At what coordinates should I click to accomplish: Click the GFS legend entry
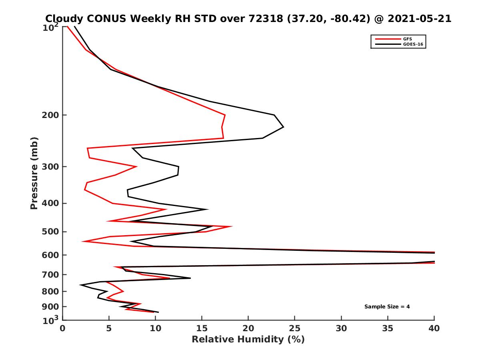(x=408, y=39)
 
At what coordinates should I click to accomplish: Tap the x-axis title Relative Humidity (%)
(x=248, y=340)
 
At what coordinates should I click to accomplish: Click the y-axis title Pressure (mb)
(x=34, y=173)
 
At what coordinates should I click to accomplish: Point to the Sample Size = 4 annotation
(x=387, y=307)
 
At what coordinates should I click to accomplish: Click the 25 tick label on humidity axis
(x=295, y=328)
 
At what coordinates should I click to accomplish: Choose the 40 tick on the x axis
(x=434, y=328)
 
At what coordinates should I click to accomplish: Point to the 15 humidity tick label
(x=202, y=328)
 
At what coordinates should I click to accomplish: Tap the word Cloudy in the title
(x=64, y=19)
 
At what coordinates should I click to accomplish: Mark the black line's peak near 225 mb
(x=284, y=127)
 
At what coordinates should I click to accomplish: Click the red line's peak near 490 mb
(x=232, y=227)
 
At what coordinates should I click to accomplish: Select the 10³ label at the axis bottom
(x=52, y=320)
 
